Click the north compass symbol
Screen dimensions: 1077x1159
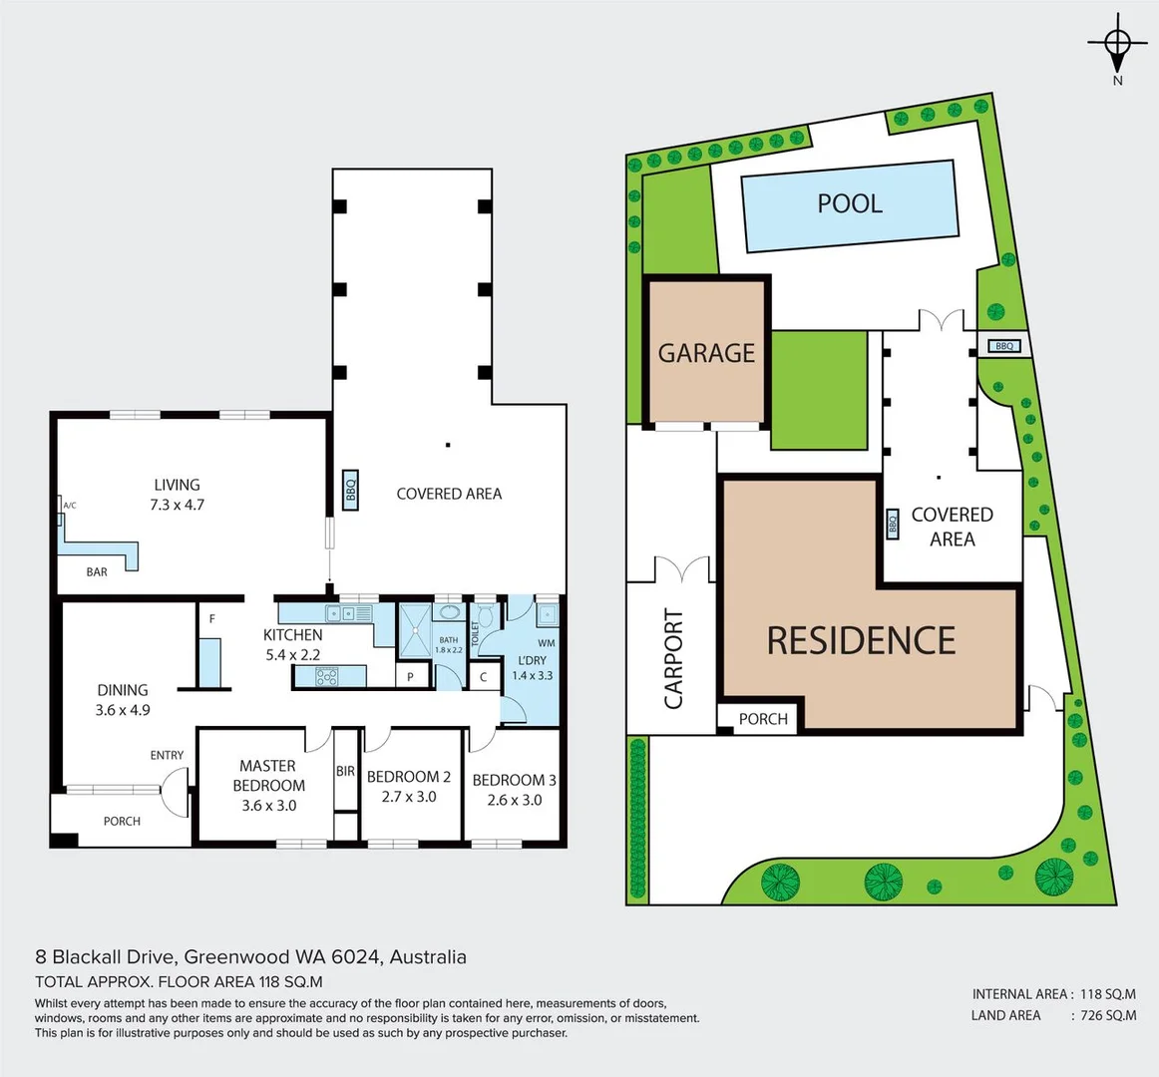click(x=1117, y=45)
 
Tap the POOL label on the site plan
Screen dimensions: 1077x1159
click(x=850, y=203)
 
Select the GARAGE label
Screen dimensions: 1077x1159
click(x=706, y=353)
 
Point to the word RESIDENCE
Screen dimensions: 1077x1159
click(x=861, y=640)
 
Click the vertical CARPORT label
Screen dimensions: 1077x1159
click(x=674, y=659)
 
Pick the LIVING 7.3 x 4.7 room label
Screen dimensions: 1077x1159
click(x=177, y=495)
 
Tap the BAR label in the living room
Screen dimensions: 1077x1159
click(x=97, y=571)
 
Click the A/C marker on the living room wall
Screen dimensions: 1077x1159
click(x=69, y=506)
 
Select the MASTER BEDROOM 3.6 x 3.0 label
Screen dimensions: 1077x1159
click(x=268, y=785)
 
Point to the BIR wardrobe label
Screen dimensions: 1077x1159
click(x=345, y=771)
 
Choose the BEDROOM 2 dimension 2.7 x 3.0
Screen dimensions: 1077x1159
click(x=409, y=797)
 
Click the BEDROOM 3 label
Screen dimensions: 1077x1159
click(x=514, y=780)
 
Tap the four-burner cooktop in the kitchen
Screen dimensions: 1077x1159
click(x=327, y=677)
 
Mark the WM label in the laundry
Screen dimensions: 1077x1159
click(x=546, y=643)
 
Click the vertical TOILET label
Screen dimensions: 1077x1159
click(x=476, y=632)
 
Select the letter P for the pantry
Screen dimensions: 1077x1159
click(x=411, y=677)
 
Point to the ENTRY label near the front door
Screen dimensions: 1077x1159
click(x=167, y=755)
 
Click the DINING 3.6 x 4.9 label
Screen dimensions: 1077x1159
click(x=123, y=699)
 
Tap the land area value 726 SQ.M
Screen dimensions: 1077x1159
click(x=1108, y=1015)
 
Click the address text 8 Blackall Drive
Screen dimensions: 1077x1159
click(x=106, y=957)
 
